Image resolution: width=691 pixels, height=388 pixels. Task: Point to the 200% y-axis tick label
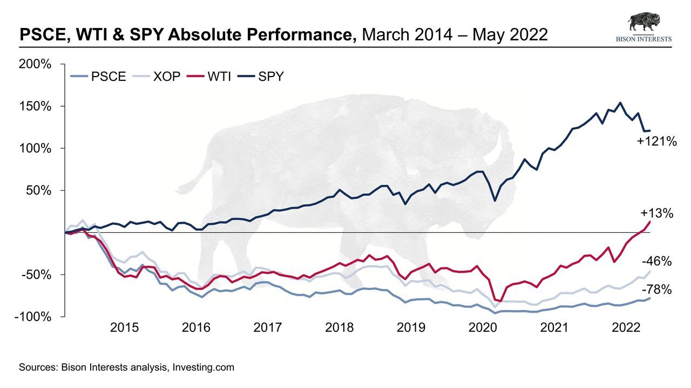[36, 65]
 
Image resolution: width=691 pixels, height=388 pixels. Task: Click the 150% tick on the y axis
[36, 107]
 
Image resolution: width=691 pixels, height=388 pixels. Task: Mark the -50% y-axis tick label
[36, 275]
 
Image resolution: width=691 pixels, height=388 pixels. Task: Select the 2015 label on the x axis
[125, 328]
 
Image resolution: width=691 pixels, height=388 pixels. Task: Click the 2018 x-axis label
[340, 328]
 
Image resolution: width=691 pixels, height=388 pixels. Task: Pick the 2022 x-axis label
[626, 328]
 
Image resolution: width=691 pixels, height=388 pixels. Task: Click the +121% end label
[656, 142]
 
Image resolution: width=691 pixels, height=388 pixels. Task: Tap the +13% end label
[656, 213]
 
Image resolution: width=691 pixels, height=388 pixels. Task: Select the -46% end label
[657, 262]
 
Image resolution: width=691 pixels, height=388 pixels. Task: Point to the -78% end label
[657, 290]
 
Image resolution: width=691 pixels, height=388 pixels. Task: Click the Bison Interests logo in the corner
[644, 27]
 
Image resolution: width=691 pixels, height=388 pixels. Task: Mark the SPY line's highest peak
[620, 103]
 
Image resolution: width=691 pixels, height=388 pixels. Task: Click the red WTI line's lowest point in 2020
[500, 301]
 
